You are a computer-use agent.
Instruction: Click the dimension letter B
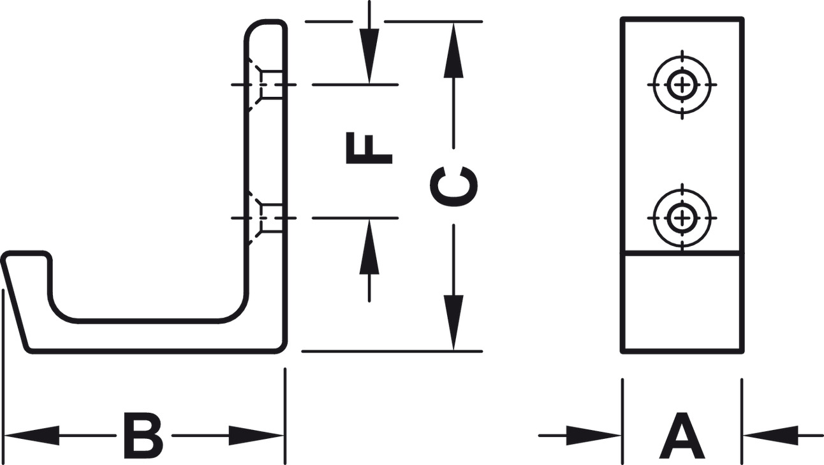click(143, 436)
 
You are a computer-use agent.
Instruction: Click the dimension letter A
click(682, 436)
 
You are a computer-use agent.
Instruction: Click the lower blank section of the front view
click(682, 302)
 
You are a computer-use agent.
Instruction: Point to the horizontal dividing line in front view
click(682, 254)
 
